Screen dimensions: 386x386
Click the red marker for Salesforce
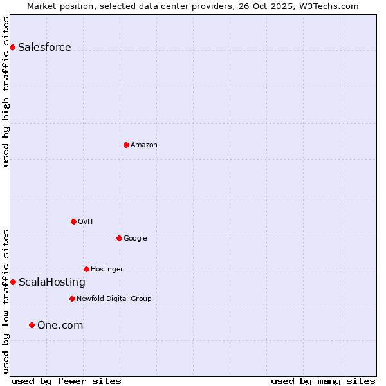(12, 47)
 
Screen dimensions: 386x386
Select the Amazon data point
(126, 145)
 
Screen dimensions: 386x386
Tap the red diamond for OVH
(73, 221)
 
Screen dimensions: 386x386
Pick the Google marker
(119, 238)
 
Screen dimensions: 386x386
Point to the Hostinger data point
(86, 269)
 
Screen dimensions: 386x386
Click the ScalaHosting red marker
(13, 282)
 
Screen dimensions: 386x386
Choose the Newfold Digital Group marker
(72, 299)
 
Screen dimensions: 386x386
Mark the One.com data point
(32, 325)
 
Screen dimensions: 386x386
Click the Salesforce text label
(44, 48)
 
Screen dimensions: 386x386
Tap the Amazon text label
(143, 145)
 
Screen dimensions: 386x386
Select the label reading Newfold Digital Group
(114, 299)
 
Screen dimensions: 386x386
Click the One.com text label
(60, 326)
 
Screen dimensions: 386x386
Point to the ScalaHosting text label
(51, 282)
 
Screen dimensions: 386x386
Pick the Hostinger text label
(107, 269)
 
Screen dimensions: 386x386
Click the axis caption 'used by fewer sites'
(66, 381)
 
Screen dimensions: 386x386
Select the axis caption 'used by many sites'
(323, 381)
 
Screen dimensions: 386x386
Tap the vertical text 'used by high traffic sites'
(6, 91)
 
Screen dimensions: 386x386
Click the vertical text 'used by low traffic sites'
(6, 301)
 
